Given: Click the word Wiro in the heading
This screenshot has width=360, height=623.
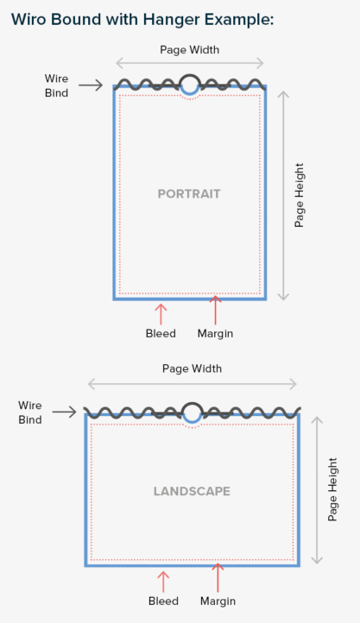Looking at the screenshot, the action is point(28,19).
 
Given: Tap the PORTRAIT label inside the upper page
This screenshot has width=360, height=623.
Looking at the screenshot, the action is point(189,194).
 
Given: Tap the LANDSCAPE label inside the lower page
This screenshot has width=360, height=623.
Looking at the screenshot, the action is point(192,492).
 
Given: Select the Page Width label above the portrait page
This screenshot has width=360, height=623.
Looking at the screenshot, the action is point(190,50).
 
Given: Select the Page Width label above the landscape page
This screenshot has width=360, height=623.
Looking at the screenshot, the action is point(192,368).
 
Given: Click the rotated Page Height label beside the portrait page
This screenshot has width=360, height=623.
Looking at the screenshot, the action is point(300,195).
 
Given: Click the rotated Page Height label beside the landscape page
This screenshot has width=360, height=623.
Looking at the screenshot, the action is point(332,489).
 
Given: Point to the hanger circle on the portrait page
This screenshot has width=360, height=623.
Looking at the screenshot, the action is point(190,75).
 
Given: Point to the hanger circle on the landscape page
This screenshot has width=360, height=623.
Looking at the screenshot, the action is point(193,403).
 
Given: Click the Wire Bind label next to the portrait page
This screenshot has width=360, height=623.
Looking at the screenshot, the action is point(56,85).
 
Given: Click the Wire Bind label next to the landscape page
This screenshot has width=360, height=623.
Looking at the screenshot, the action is point(30,412).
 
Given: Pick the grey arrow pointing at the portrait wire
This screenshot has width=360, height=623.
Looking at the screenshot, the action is point(91,85).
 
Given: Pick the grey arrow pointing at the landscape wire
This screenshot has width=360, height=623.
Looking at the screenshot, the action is point(65,412).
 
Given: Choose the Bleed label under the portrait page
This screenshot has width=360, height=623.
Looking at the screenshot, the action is point(161,333).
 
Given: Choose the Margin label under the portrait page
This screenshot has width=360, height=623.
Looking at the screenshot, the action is point(215,334).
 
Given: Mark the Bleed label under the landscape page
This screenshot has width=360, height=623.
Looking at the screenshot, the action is point(163,601).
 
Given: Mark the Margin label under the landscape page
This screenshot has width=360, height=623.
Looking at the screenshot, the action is point(218,601).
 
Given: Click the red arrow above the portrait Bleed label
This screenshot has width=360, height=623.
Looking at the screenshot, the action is point(161,315).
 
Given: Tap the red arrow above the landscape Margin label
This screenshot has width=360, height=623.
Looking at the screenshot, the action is point(218,578).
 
